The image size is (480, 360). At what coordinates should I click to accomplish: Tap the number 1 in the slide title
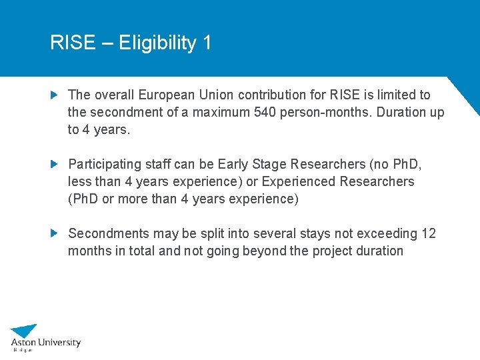coord(207,43)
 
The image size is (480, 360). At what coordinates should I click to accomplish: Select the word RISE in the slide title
coord(73,43)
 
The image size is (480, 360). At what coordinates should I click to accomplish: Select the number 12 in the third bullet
coord(429,233)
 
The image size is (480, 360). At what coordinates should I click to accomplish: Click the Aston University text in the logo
coord(45,343)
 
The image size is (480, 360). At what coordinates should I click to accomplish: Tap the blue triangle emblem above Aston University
coord(25,330)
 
